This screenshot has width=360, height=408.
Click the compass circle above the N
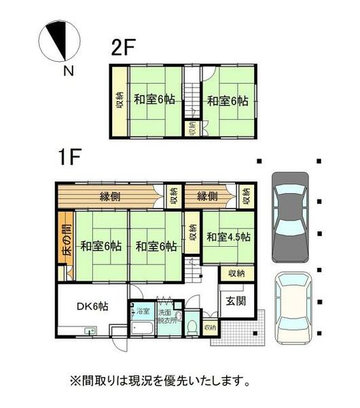click(x=59, y=41)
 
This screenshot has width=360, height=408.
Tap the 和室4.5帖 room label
click(x=228, y=237)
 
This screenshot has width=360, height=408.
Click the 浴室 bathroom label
click(x=143, y=312)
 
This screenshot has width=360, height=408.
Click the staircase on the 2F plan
click(x=192, y=95)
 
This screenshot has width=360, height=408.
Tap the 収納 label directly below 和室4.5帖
click(x=236, y=273)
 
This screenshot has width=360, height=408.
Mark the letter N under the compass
click(x=68, y=70)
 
